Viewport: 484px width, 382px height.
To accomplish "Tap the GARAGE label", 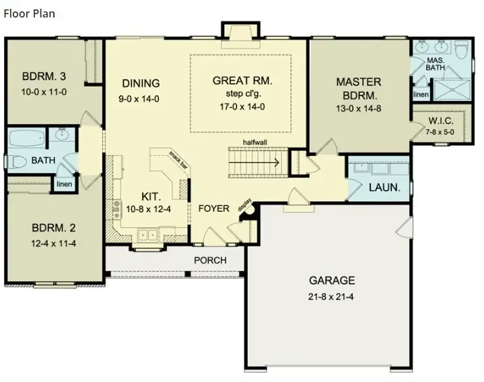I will (331, 280).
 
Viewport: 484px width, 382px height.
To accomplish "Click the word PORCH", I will (210, 260).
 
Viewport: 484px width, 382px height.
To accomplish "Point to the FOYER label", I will (213, 208).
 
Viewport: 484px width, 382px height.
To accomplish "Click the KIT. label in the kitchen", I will (151, 196).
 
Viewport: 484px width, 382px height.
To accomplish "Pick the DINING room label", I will (141, 83).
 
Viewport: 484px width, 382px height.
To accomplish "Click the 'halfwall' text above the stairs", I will (258, 143).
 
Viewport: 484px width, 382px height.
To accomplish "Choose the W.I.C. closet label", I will (442, 121).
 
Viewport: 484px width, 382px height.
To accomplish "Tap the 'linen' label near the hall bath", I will (64, 184).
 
